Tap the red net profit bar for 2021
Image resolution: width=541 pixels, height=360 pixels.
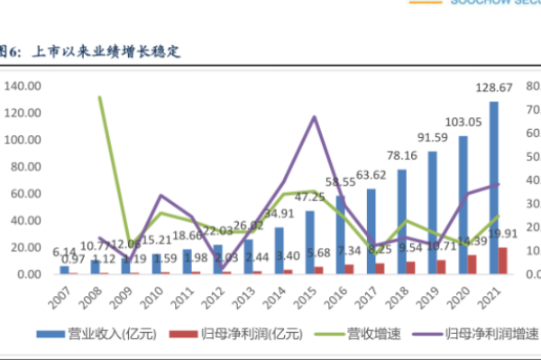503,260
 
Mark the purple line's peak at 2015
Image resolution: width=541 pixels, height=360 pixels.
313,116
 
